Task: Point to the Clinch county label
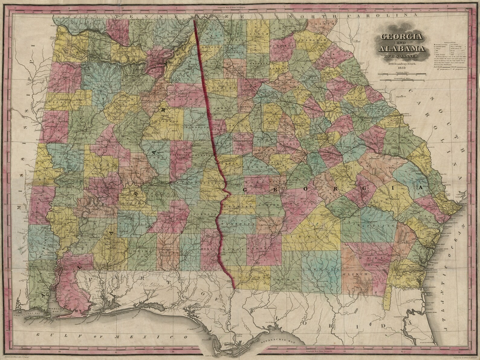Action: tap(359, 274)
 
